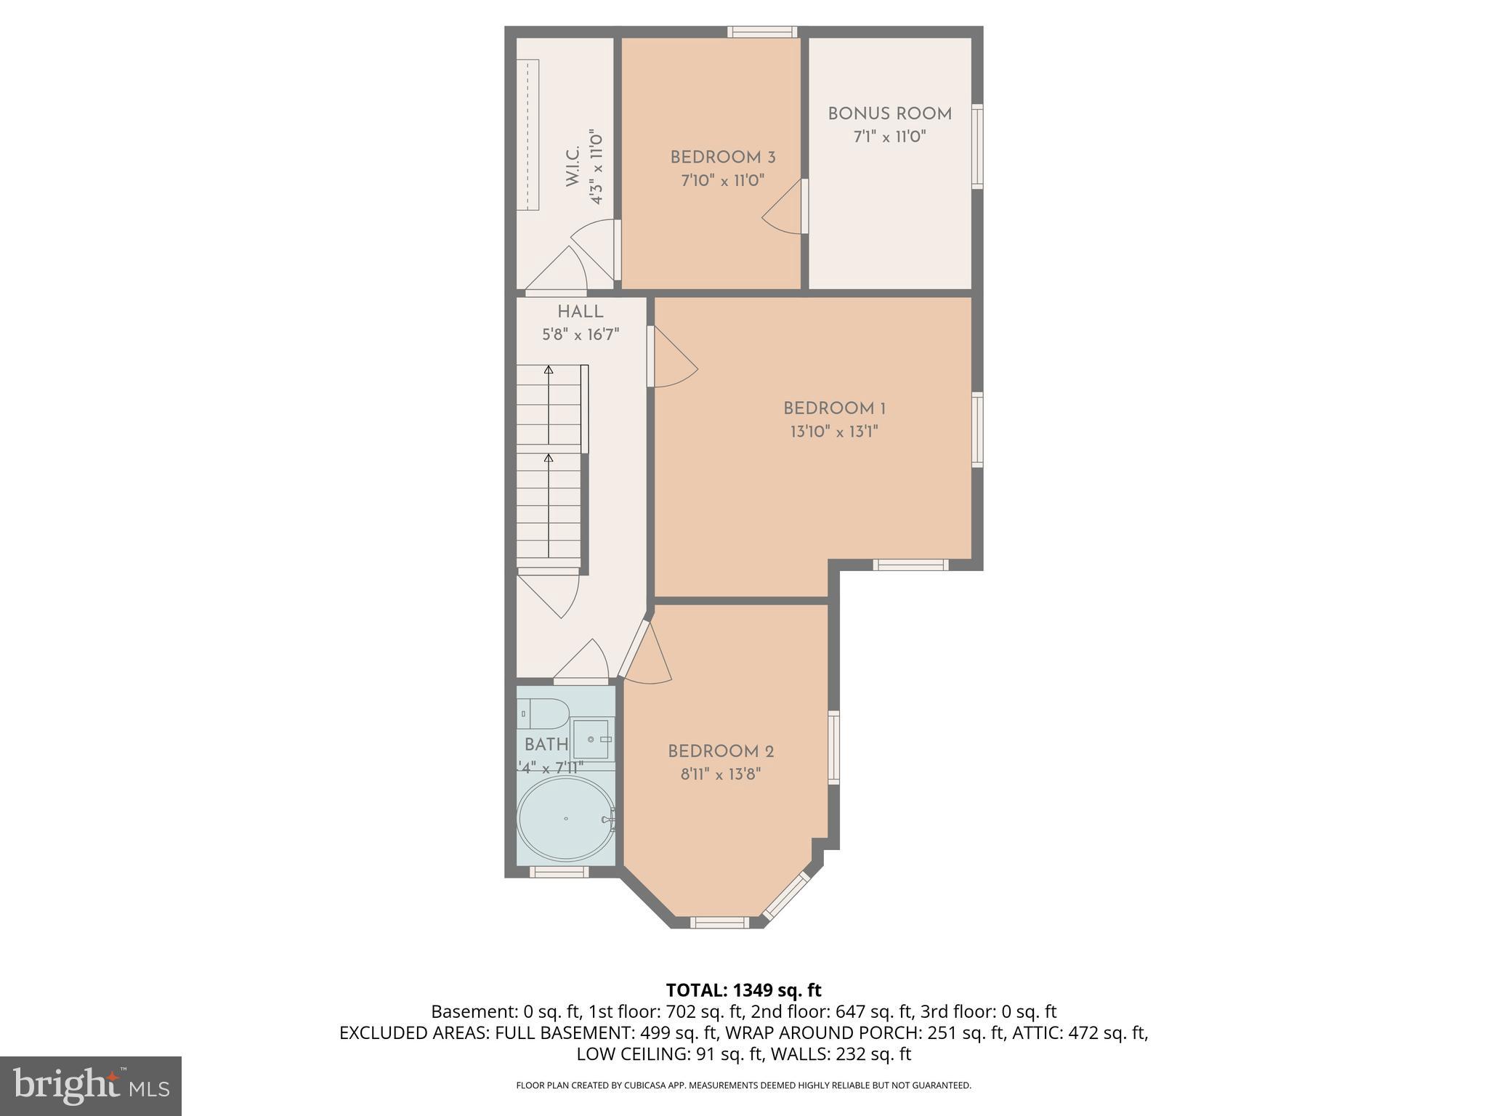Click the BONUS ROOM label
(x=889, y=114)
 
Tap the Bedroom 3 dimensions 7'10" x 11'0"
(x=722, y=180)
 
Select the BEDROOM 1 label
(x=834, y=408)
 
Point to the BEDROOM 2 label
(x=721, y=751)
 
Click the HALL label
(x=580, y=312)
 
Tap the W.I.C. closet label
(x=573, y=166)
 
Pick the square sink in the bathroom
(x=592, y=739)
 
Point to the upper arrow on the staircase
(x=549, y=371)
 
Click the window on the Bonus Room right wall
(x=977, y=146)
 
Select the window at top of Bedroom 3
(x=762, y=32)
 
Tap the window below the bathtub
(x=558, y=872)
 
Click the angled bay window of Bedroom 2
(x=786, y=896)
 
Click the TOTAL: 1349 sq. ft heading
(x=743, y=990)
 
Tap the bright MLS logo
(x=90, y=1085)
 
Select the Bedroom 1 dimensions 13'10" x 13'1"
(x=834, y=432)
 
